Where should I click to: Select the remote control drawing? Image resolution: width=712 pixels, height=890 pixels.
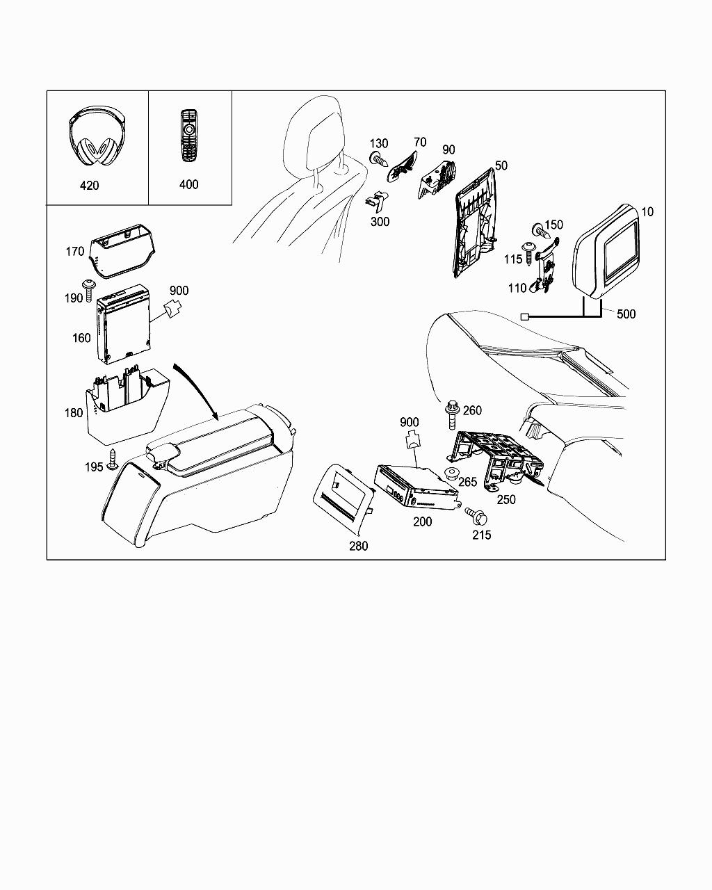pos(188,135)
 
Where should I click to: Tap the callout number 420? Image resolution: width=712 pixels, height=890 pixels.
pos(89,185)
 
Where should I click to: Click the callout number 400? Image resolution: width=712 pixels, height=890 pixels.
pos(188,184)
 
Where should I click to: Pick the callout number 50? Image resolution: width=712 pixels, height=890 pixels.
pos(501,165)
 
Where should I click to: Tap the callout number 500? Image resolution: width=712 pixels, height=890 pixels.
pos(626,314)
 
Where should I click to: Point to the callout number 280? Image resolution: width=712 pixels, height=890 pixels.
pos(358,546)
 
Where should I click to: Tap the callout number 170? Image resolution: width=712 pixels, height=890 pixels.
pos(75,252)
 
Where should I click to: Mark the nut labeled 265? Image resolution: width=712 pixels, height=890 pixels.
pos(451,476)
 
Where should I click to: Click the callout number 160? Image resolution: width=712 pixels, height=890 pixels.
pos(81,338)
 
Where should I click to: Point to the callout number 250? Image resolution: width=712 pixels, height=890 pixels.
pos(506,499)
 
